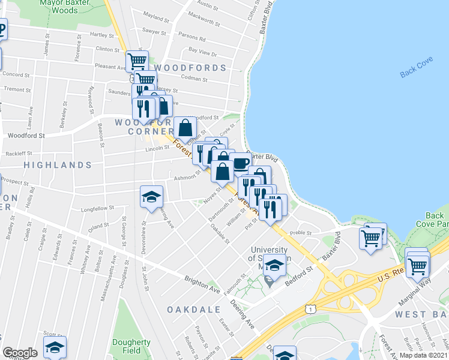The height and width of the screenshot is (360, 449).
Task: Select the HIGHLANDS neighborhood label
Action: [58, 164]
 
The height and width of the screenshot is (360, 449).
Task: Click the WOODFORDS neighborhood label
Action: [191, 68]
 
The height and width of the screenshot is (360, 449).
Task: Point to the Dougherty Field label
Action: [131, 346]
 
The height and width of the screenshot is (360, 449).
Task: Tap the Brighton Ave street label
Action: [202, 283]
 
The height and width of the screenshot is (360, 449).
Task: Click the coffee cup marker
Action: [240, 163]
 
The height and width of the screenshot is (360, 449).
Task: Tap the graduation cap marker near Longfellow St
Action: [152, 197]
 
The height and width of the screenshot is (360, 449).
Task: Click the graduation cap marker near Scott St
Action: [55, 346]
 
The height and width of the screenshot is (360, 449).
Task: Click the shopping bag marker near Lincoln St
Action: [186, 127]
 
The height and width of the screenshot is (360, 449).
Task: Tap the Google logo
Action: [20, 353]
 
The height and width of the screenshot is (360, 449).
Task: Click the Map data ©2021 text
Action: [423, 355]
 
